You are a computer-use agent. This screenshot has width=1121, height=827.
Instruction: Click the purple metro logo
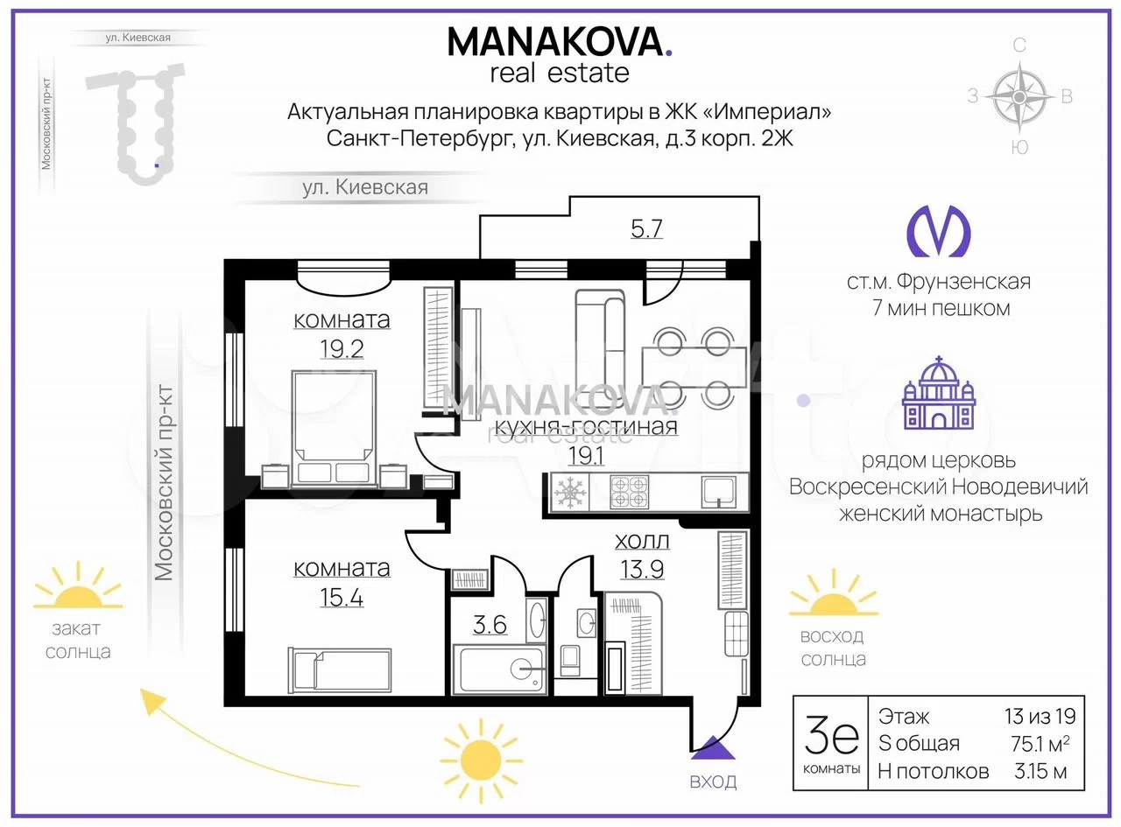point(939,231)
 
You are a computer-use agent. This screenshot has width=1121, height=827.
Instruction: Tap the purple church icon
point(939,393)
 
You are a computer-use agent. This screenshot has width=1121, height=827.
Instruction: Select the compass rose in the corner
point(1019,96)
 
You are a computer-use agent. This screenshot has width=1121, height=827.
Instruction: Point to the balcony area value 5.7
point(646,229)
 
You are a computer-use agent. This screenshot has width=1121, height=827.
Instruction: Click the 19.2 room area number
point(342,348)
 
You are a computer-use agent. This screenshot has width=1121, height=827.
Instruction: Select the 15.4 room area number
point(342,598)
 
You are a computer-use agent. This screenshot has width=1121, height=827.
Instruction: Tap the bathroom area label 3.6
point(490,625)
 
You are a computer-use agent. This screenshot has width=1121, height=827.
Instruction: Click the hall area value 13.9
point(642,570)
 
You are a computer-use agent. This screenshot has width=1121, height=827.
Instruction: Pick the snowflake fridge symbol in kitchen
point(570,492)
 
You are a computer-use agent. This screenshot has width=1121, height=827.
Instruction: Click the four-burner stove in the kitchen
point(629,492)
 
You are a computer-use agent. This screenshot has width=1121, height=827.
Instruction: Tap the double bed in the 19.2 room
point(334,429)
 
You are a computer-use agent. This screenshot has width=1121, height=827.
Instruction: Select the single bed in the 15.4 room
point(340,669)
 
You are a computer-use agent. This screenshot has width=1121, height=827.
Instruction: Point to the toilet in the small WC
point(571,661)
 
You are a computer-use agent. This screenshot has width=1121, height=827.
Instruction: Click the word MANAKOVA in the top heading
point(556,42)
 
